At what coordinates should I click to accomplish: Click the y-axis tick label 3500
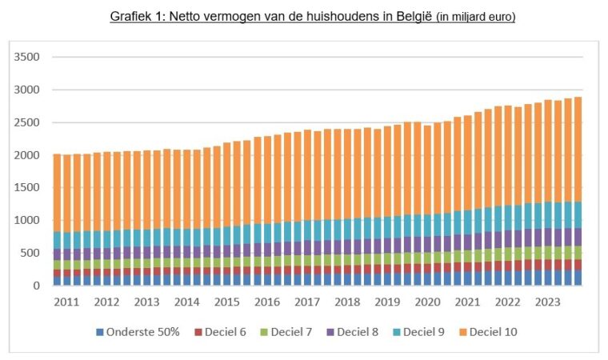26,58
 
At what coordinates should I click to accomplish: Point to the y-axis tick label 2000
26,155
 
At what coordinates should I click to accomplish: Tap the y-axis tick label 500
30,254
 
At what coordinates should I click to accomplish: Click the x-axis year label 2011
66,302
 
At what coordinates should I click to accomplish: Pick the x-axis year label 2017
307,302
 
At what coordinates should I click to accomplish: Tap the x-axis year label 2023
548,302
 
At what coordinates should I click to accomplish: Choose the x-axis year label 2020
428,302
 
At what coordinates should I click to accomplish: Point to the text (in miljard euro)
475,17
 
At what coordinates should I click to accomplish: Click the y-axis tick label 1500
26,188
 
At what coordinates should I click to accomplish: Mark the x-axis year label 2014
186,302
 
